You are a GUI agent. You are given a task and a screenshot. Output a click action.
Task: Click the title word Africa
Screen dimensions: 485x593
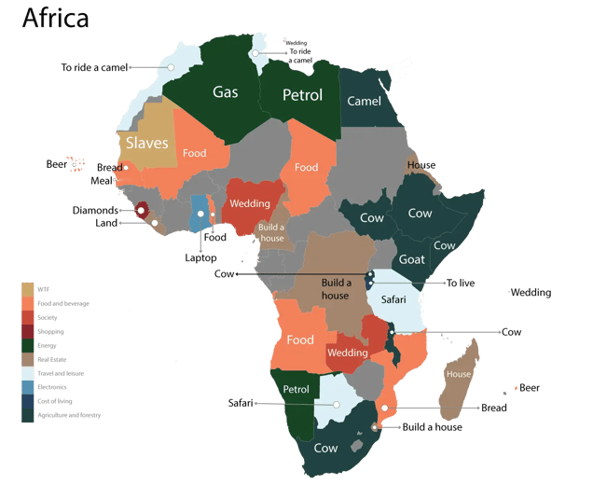[55, 18]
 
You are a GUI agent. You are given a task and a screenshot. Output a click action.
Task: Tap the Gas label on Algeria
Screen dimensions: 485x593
[225, 91]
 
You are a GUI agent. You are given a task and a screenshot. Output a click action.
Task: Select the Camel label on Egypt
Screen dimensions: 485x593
[363, 101]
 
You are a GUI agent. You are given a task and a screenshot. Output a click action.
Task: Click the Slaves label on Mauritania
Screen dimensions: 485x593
[147, 143]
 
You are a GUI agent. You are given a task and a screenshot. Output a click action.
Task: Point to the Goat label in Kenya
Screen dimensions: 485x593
[412, 259]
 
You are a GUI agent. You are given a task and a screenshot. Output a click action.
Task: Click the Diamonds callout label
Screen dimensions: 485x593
[96, 211]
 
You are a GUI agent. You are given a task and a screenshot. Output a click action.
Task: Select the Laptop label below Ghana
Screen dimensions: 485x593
[200, 256]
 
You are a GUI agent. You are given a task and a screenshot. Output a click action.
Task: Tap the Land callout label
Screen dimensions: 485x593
[107, 224]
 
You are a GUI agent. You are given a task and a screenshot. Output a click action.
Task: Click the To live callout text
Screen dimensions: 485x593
[460, 284]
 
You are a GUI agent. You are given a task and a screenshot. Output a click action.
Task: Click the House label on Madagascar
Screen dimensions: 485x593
[459, 374]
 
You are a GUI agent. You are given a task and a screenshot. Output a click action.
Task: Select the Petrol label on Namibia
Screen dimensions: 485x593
[296, 389]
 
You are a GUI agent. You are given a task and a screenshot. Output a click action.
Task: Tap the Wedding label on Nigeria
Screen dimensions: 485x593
[250, 203]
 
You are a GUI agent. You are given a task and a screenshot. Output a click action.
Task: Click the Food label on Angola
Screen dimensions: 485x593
[300, 339]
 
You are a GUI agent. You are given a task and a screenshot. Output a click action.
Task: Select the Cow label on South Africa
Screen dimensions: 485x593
[325, 448]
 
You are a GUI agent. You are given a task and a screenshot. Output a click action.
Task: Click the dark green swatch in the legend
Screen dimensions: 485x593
[28, 345]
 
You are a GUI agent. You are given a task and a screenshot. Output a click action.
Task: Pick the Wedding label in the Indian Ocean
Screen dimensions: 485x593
[531, 293]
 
